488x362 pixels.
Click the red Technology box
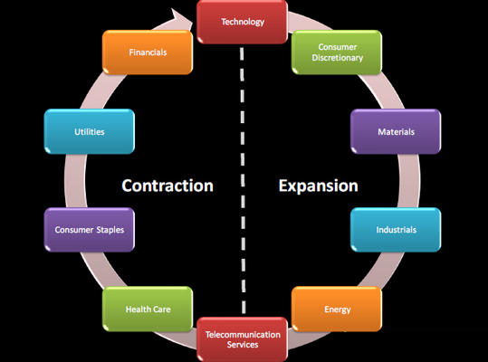tap(242, 22)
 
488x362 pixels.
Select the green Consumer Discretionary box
tap(337, 52)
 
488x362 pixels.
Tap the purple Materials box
tap(396, 131)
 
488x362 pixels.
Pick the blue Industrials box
tap(396, 230)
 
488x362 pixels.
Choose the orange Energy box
tap(337, 309)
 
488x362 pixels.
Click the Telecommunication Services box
tap(242, 339)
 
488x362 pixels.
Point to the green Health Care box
tap(148, 309)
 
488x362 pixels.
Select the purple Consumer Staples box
tap(90, 230)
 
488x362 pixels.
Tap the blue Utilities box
tap(90, 131)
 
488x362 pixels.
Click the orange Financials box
tap(148, 52)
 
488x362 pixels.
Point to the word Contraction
tap(167, 186)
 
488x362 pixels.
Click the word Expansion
tap(318, 186)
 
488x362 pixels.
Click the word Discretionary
tap(338, 58)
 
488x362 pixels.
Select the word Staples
tap(110, 230)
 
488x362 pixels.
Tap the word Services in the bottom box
tap(243, 345)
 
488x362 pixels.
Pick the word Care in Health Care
tap(161, 310)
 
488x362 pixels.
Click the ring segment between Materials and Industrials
tap(409, 180)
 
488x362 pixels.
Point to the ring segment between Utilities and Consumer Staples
tap(75, 180)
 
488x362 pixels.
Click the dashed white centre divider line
tap(243, 180)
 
